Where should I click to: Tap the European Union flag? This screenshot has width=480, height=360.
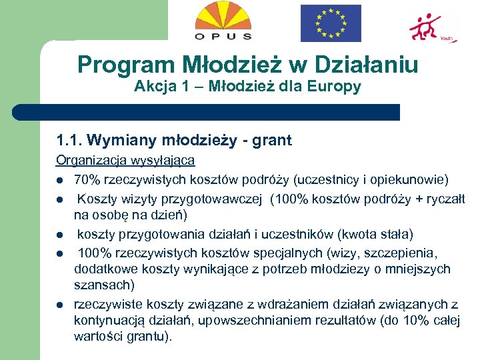coord(330,23)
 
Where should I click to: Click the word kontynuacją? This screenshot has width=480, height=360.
coord(107,320)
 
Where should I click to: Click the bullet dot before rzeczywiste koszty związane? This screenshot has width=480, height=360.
coord(59,305)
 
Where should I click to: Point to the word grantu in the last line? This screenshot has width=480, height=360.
coord(147,337)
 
